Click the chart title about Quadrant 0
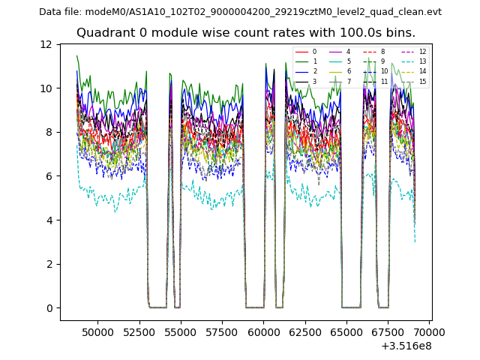point(245,33)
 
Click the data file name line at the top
point(240,12)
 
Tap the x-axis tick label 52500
point(139,331)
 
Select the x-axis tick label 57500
point(222,331)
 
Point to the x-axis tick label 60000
point(263,331)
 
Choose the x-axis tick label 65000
point(346,331)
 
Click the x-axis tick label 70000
point(430,331)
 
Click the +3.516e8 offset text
point(406,346)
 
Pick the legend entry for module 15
point(422,82)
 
